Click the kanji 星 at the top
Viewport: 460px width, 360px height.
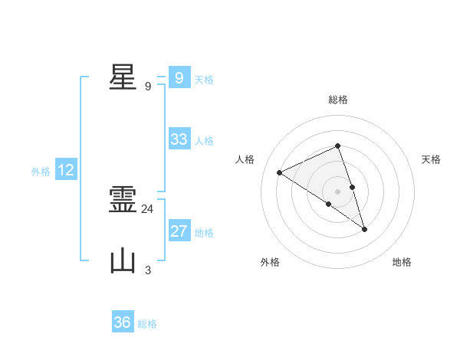point(123,77)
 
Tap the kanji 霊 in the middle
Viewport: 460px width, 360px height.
point(123,200)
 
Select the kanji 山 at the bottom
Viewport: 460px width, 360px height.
point(123,260)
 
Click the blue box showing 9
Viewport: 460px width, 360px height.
point(179,78)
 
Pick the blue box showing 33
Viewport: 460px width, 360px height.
point(179,139)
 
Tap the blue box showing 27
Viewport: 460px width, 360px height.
point(179,231)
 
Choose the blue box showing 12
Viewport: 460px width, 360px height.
point(66,170)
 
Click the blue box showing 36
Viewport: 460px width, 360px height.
point(123,322)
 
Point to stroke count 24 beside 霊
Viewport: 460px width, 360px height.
point(148,208)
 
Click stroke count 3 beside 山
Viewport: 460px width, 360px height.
point(148,270)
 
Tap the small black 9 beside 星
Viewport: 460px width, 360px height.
point(148,86)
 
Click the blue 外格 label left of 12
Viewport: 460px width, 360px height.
point(41,172)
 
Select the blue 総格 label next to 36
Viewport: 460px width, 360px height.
point(147,324)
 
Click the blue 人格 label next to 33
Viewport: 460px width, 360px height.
point(204,141)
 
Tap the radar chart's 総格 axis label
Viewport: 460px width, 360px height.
point(338,100)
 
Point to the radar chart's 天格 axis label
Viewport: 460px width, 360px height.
point(432,159)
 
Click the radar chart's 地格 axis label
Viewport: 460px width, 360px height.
point(402,262)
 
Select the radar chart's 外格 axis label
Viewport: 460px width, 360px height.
point(270,262)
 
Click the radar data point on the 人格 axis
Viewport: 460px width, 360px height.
point(280,172)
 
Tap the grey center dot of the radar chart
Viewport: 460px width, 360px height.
point(337,191)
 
